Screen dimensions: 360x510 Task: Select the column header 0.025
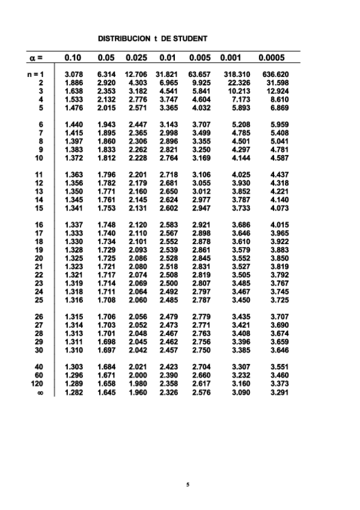click(138, 58)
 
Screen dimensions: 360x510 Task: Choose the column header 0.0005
click(271, 58)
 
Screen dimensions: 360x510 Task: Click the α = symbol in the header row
click(35, 58)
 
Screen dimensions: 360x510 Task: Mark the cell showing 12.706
click(137, 75)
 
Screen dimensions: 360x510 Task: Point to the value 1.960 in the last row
click(138, 393)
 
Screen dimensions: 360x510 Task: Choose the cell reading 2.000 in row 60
click(138, 375)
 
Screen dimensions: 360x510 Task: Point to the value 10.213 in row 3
click(239, 91)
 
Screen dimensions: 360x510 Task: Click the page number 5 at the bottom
click(188, 484)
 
